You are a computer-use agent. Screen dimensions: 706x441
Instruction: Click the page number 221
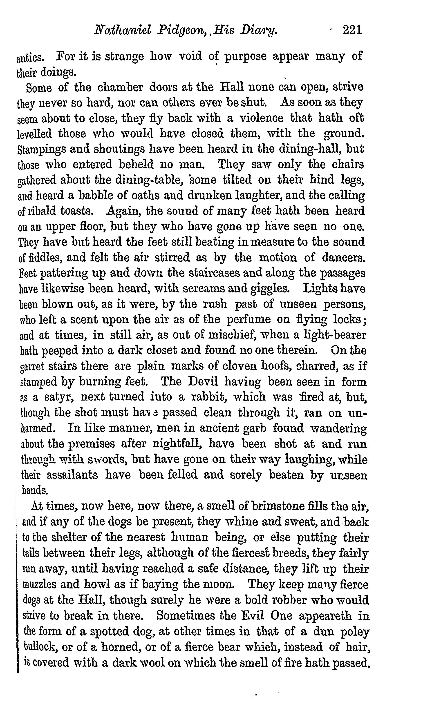click(x=352, y=30)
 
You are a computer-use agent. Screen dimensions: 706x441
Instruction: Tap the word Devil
click(x=203, y=381)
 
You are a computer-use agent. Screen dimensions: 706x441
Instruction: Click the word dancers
click(x=344, y=258)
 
